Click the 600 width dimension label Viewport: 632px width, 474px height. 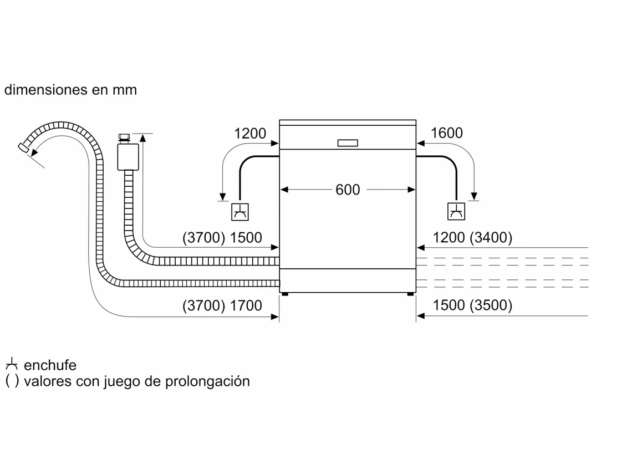(348, 190)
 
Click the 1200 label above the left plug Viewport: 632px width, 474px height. (250, 134)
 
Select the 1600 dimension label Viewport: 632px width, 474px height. (446, 134)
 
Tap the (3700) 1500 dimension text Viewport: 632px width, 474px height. (222, 238)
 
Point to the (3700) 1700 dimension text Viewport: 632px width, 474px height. (222, 305)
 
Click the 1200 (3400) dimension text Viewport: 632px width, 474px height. (472, 238)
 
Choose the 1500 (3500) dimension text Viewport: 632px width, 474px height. (472, 305)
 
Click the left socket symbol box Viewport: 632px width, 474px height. (239, 212)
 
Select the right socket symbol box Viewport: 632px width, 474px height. (456, 212)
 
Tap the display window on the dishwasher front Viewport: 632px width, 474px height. (348, 143)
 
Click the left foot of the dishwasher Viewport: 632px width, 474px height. (284, 294)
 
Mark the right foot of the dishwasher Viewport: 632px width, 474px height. (410, 294)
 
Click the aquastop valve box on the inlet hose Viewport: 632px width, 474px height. (128, 157)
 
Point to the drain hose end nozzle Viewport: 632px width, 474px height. (24, 147)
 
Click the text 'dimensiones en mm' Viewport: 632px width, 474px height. (70, 90)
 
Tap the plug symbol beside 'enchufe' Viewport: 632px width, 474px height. (12, 365)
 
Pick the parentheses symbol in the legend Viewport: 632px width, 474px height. (12, 381)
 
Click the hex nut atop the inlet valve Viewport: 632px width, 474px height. (124, 136)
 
